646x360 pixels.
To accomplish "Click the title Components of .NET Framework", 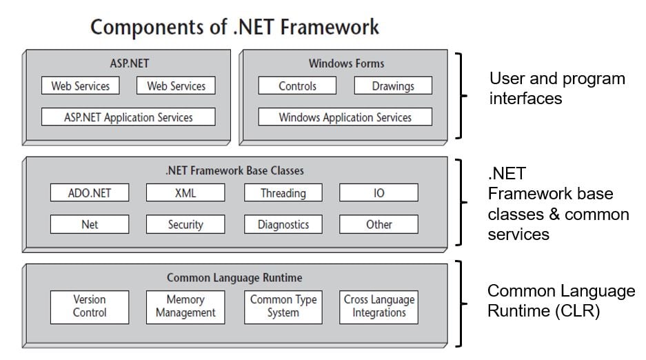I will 234,27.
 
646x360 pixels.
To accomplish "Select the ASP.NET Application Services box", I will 128,117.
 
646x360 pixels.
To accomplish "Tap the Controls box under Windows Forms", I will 297,86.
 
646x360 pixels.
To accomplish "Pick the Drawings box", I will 393,86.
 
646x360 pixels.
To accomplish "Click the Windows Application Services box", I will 345,117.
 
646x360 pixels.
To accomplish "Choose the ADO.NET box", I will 90,193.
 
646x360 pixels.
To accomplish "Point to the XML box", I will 185,193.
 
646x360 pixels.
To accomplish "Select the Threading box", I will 283,193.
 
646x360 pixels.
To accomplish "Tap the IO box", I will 378,193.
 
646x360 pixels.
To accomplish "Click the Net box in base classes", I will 90,224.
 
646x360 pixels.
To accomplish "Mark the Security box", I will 185,224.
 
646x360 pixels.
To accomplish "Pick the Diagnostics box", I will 283,224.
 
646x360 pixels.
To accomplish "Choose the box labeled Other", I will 378,224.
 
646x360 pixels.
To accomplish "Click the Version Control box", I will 90,306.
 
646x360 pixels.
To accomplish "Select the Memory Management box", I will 185,306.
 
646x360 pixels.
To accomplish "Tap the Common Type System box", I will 283,306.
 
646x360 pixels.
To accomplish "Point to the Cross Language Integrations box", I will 378,306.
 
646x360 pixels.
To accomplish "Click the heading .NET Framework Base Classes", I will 234,170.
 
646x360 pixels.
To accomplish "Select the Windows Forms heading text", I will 346,63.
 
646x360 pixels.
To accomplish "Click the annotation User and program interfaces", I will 556,88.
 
